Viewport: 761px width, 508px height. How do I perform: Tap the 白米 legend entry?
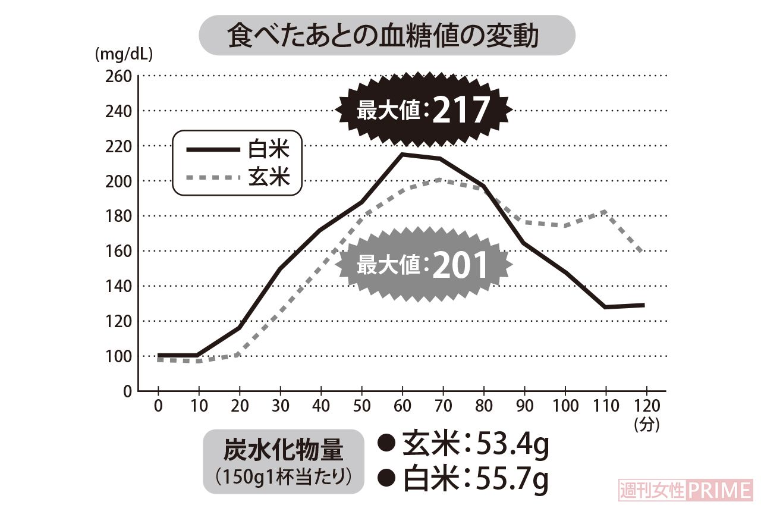(238, 149)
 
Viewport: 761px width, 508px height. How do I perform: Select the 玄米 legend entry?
(238, 177)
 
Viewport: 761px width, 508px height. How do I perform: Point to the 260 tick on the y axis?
(118, 76)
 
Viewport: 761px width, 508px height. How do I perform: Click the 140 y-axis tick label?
(118, 286)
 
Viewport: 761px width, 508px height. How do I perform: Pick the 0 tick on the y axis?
(127, 391)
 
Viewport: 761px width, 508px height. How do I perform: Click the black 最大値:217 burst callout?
(423, 110)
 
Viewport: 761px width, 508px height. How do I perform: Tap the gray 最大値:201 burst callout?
(423, 265)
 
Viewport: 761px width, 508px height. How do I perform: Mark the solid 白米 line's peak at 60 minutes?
(402, 154)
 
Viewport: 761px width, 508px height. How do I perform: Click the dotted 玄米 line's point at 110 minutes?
(604, 211)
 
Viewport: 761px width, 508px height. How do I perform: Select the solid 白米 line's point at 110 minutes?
(604, 307)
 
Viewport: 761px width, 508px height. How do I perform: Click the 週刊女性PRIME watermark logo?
(686, 491)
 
